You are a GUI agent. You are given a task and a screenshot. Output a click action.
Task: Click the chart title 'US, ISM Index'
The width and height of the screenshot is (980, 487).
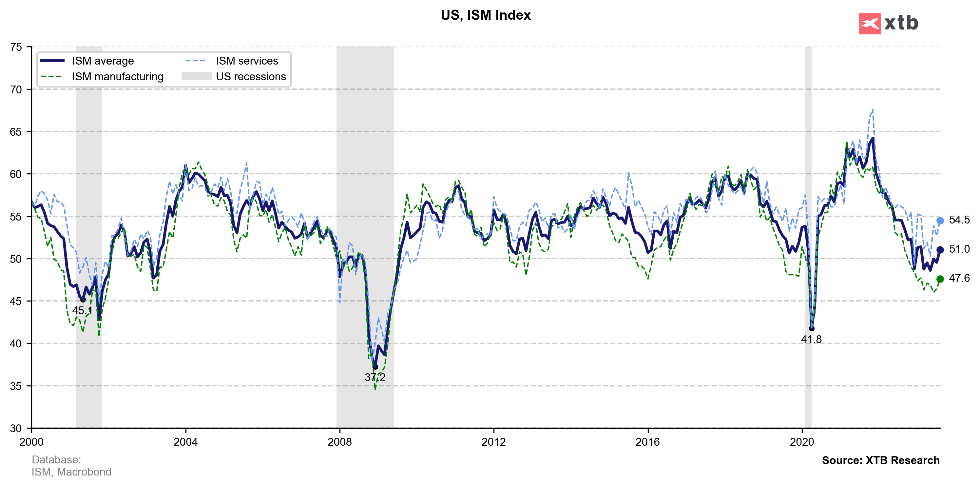(x=486, y=15)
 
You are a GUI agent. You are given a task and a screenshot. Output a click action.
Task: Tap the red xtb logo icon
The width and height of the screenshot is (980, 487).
(x=869, y=24)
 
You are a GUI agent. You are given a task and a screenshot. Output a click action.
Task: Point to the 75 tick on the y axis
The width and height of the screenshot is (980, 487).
(x=16, y=47)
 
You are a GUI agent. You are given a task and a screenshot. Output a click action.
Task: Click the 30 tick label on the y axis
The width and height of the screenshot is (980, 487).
(x=16, y=428)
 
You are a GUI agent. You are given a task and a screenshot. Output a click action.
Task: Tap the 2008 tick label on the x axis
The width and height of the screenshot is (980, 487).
(x=339, y=442)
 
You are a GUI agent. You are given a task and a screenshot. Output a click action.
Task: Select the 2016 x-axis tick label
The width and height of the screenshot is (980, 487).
(x=647, y=442)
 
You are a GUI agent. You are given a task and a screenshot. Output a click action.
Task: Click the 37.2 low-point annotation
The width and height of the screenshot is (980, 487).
(x=375, y=378)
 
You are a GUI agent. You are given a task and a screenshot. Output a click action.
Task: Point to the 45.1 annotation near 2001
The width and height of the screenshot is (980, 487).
(x=82, y=310)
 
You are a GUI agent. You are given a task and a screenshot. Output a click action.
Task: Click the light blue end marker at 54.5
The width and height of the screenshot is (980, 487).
(x=940, y=221)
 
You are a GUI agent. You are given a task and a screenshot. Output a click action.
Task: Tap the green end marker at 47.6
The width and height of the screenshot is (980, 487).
(x=940, y=279)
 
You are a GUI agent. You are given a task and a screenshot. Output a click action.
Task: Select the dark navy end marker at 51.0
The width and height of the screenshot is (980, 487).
(x=940, y=250)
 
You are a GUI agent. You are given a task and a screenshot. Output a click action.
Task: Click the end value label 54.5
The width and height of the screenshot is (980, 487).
(x=959, y=220)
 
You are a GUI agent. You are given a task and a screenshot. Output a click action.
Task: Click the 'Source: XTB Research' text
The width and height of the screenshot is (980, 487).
(x=880, y=460)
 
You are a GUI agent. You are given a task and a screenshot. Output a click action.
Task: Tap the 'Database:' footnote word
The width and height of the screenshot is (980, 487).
(x=56, y=459)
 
